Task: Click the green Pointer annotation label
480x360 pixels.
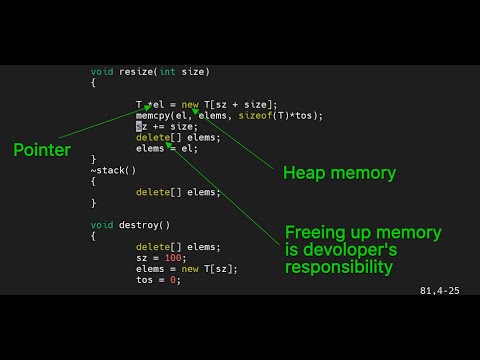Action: (x=42, y=150)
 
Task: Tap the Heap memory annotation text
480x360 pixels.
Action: (x=339, y=173)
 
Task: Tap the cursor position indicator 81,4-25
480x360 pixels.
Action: (x=440, y=291)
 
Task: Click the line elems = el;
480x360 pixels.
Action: (x=167, y=148)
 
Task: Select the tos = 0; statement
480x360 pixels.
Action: (x=158, y=280)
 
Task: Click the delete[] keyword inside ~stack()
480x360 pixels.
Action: (x=154, y=192)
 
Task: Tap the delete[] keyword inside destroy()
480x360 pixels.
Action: (x=154, y=247)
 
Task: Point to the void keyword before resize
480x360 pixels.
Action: (x=101, y=72)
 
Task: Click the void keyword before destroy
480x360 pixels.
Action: (x=101, y=225)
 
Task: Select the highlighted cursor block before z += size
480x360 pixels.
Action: (x=139, y=126)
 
